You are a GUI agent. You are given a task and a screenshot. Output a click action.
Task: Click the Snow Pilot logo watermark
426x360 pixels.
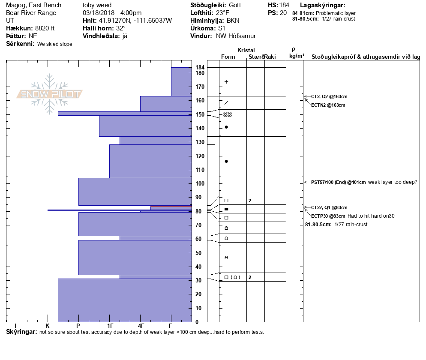click(50, 94)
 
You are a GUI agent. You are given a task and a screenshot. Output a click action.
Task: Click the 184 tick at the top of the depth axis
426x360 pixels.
click(200, 68)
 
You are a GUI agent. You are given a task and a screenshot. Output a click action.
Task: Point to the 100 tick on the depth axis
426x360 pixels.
click(200, 184)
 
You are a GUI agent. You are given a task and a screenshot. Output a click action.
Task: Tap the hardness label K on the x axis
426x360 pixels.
click(48, 326)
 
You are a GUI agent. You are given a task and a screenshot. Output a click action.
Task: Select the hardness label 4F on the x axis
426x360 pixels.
click(141, 326)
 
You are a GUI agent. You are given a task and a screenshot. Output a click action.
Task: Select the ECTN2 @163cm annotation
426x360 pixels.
click(328, 105)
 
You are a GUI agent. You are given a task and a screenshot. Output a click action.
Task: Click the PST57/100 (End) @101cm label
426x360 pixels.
click(339, 182)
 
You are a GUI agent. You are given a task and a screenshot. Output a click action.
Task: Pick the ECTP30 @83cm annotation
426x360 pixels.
click(328, 216)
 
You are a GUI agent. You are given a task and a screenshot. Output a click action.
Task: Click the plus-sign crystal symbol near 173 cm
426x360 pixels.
click(226, 82)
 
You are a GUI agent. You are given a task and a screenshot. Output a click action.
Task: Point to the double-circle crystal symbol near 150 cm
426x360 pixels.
click(228, 114)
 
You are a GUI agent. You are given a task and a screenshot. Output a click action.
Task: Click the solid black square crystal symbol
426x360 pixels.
click(226, 209)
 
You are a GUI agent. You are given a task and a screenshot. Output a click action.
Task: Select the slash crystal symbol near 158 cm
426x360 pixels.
click(226, 102)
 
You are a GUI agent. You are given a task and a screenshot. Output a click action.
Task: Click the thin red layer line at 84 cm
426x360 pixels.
click(171, 206)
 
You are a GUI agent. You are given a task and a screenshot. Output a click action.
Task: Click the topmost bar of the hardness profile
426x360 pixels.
click(181, 81)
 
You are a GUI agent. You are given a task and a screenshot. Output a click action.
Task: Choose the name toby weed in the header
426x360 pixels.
click(97, 5)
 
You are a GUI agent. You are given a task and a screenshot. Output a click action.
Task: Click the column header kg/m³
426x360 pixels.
click(297, 56)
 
